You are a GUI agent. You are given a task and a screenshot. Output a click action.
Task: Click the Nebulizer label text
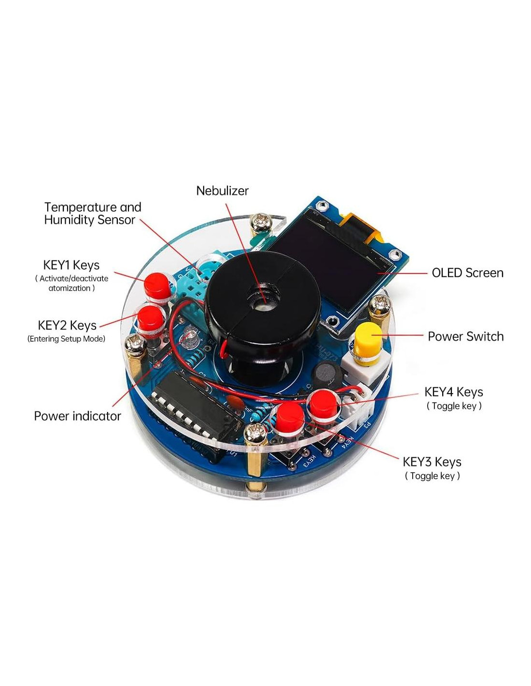(x=222, y=191)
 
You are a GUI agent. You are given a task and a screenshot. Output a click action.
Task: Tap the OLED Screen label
(x=467, y=273)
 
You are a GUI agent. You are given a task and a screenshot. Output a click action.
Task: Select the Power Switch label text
(x=465, y=337)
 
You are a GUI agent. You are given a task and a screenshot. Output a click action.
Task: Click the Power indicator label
(x=77, y=416)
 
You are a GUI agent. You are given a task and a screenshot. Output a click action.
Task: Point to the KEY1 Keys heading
(x=71, y=265)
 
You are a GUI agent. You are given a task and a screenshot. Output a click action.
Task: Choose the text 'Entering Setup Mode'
(x=67, y=339)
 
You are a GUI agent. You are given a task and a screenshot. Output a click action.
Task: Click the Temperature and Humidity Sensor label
(x=92, y=214)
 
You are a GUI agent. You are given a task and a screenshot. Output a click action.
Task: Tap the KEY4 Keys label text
(x=453, y=392)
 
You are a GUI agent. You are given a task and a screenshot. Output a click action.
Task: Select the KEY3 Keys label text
(x=432, y=462)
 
